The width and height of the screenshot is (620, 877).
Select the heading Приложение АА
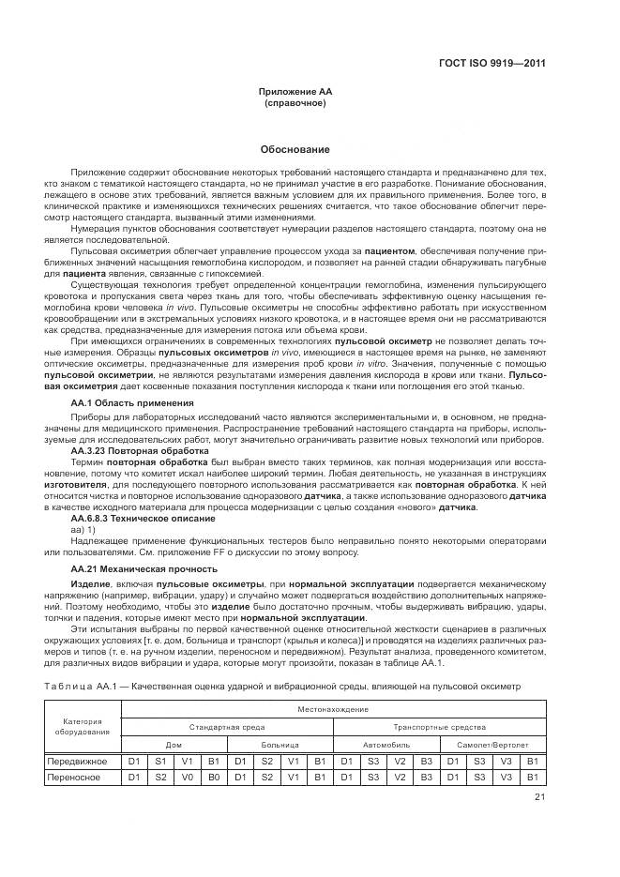pyautogui.click(x=295, y=92)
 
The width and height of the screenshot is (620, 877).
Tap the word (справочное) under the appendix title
pyautogui.click(x=295, y=103)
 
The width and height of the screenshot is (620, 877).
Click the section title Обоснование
pyautogui.click(x=295, y=149)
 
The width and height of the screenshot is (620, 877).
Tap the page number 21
pyautogui.click(x=539, y=797)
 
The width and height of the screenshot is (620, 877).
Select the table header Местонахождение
pyautogui.click(x=334, y=709)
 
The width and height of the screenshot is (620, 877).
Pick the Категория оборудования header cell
pyautogui.click(x=83, y=727)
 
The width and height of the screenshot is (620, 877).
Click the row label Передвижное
pyautogui.click(x=78, y=761)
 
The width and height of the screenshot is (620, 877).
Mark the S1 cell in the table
pyautogui.click(x=159, y=761)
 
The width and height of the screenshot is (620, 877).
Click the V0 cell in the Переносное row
pyautogui.click(x=186, y=777)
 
